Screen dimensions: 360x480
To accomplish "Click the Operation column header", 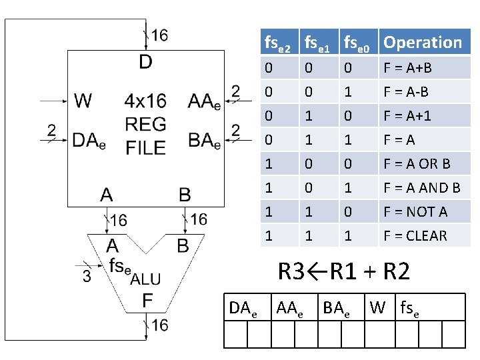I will (423, 43).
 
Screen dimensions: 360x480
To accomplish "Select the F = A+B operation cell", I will (407, 67).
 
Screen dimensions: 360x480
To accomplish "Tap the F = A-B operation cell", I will (406, 91).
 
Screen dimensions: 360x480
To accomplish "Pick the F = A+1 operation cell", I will (407, 115).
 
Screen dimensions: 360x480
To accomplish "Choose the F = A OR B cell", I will (417, 163).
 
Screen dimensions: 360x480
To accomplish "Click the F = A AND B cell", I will (421, 187).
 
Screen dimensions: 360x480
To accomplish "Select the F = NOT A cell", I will (415, 211).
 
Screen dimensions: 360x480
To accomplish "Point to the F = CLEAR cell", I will (415, 235).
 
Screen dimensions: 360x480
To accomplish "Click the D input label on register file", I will (145, 62).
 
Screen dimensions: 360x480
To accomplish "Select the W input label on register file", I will (83, 101).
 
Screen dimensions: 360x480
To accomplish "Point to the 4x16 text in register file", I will (145, 101).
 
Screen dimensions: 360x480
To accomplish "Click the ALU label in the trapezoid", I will (145, 279).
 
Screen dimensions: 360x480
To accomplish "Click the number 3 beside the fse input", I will (87, 276).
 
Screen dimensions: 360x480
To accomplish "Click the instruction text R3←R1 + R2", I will (343, 271).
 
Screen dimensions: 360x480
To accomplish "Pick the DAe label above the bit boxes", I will (243, 308).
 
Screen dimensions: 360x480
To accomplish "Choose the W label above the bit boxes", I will (377, 307).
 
